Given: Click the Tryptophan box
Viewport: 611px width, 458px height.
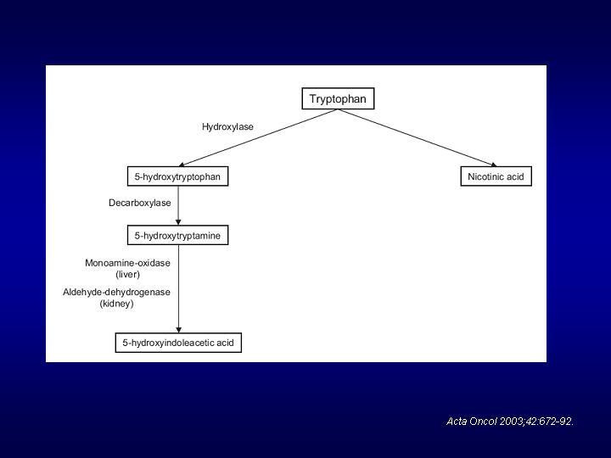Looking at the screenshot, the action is pyautogui.click(x=338, y=98).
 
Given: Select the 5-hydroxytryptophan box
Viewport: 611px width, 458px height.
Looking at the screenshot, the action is pyautogui.click(x=177, y=176).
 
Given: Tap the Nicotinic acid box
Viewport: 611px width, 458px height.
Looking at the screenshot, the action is pyautogui.click(x=496, y=176).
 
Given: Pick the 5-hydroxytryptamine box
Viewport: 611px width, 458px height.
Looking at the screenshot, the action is pyautogui.click(x=177, y=235).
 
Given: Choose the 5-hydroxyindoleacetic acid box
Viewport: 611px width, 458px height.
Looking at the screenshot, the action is pyautogui.click(x=178, y=343).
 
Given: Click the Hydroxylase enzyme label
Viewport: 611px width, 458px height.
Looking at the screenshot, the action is pyautogui.click(x=227, y=126).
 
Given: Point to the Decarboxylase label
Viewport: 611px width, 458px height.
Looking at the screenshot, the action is pyautogui.click(x=139, y=203).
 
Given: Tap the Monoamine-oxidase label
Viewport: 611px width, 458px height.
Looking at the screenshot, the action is pyautogui.click(x=127, y=263).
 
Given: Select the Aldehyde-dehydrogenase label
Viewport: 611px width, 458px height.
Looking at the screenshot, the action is pyautogui.click(x=116, y=292).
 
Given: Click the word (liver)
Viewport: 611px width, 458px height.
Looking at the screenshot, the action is pyautogui.click(x=128, y=274).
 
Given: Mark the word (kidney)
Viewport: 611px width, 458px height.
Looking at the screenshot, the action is pyautogui.click(x=116, y=304).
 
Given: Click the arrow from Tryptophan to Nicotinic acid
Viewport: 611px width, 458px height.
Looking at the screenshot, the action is pyautogui.click(x=417, y=138).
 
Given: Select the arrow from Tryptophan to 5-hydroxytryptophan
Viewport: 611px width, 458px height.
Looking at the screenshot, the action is pyautogui.click(x=258, y=138).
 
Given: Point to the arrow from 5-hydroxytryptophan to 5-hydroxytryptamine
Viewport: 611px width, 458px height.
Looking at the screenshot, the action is pyautogui.click(x=178, y=205).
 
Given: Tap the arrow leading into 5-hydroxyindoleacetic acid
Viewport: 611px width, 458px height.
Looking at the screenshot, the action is pyautogui.click(x=178, y=288).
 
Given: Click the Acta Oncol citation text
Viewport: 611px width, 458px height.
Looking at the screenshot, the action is pyautogui.click(x=510, y=421).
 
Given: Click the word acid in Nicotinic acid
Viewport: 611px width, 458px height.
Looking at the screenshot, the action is pyautogui.click(x=515, y=176).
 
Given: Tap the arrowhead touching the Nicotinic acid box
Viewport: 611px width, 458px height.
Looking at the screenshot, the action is pyautogui.click(x=494, y=165).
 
